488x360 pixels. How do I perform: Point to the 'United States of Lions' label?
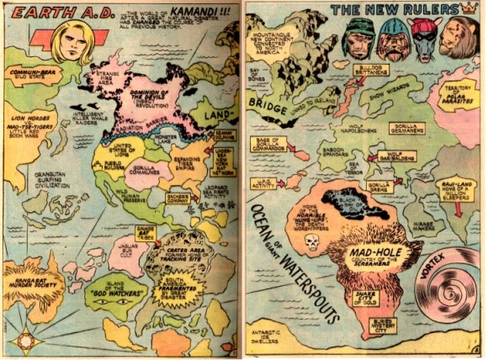click(x=111, y=151)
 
